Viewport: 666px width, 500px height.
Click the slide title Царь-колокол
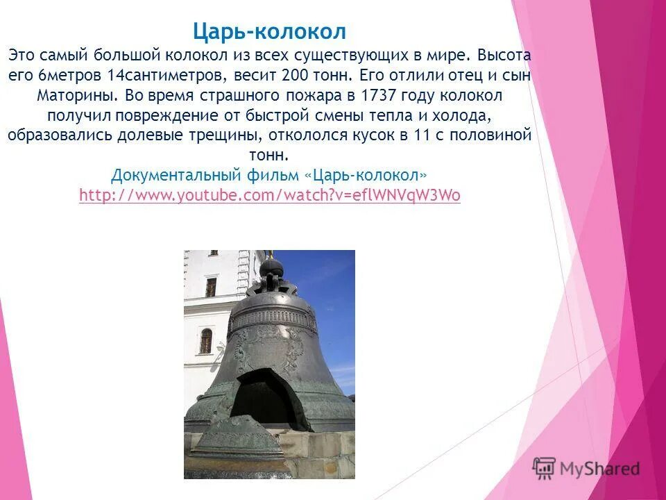coord(269,31)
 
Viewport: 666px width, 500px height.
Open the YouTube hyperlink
coord(269,195)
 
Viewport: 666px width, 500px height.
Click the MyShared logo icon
coord(545,467)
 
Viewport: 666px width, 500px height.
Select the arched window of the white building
coord(206,341)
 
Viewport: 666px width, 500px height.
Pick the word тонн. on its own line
coord(268,155)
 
